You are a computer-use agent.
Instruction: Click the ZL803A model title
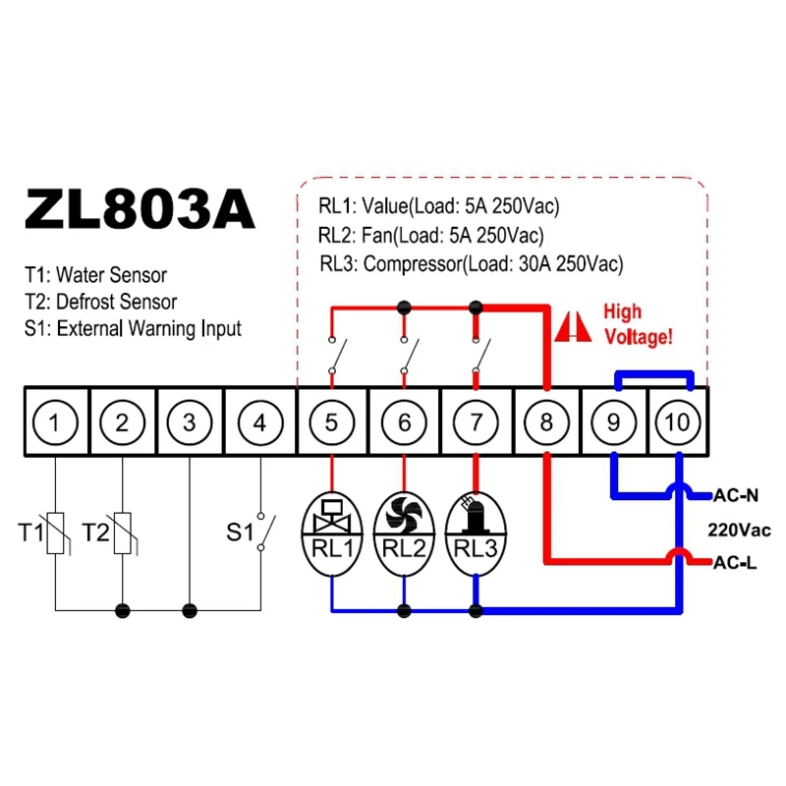coord(140,209)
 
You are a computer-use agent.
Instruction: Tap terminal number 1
coord(55,422)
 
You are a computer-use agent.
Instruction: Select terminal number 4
coord(259,422)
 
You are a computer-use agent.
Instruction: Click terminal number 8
coord(546,422)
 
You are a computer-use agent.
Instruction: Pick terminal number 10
coord(677,422)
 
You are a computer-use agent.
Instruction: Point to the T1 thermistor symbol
coord(56,533)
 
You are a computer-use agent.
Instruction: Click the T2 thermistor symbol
coord(123,533)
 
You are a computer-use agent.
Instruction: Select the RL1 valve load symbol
coord(332,534)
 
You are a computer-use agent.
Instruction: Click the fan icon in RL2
coord(404,514)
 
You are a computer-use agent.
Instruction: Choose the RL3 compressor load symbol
coord(476,534)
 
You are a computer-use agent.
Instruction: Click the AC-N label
coord(735,496)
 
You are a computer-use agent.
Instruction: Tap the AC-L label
coord(734,563)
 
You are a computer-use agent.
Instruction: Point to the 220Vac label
coord(739,530)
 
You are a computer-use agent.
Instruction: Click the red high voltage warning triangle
coord(573,327)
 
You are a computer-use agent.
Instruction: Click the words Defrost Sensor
coord(116,302)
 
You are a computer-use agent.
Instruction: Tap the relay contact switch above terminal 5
coord(337,355)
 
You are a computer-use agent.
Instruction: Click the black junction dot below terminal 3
coord(190,610)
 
